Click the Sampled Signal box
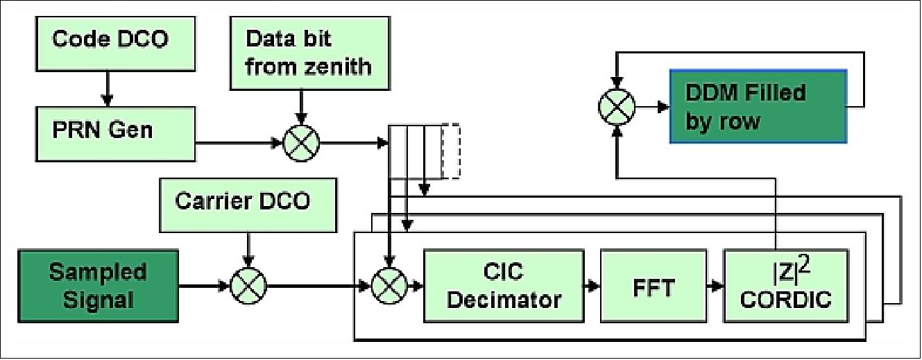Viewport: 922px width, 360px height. [98, 284]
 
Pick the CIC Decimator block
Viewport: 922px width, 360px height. [503, 286]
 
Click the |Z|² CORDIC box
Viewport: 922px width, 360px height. [785, 286]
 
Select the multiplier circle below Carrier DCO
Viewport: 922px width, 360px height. [246, 285]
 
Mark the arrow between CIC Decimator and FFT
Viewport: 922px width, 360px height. [592, 285]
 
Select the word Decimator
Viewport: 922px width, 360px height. [503, 300]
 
